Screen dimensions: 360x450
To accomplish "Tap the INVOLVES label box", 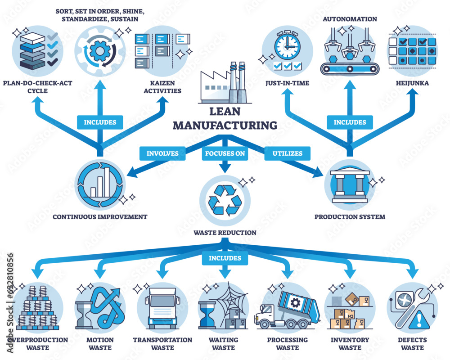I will click(162, 153).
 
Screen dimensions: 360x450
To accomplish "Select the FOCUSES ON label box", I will click(225, 153).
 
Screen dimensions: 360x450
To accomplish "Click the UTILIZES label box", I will click(287, 153).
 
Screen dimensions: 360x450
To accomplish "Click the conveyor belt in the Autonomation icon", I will click(350, 69).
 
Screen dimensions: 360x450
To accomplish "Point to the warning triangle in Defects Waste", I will click(420, 320).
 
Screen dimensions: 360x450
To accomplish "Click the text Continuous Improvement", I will click(100, 217).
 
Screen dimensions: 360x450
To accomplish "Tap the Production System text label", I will click(350, 217).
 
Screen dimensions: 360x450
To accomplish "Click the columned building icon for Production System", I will click(350, 185).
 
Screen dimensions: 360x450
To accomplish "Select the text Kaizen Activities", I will click(162, 87).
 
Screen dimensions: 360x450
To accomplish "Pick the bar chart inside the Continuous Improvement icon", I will click(101, 184).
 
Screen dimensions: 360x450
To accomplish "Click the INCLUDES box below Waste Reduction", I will click(225, 258).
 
